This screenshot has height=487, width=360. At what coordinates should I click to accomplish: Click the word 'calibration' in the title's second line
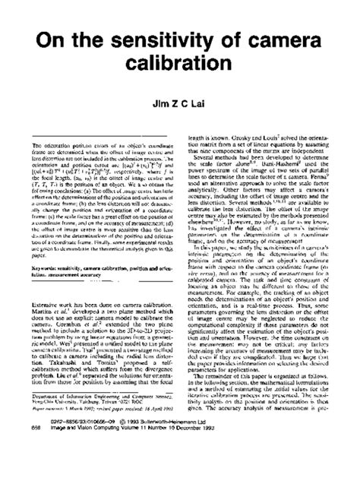coord(180,84)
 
